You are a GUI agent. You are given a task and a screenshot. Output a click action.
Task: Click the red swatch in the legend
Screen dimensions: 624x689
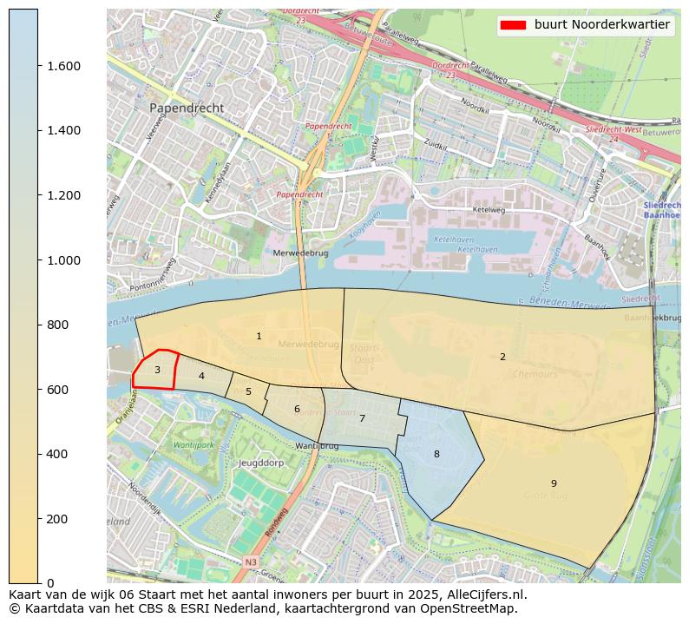[513, 25]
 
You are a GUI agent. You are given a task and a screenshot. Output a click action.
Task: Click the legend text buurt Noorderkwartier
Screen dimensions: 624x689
[601, 25]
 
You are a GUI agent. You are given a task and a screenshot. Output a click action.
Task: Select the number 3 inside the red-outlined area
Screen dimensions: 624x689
[157, 370]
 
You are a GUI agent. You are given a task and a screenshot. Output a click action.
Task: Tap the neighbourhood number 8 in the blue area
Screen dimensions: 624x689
[436, 454]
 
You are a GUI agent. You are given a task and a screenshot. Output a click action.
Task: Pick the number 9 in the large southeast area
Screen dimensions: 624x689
[553, 483]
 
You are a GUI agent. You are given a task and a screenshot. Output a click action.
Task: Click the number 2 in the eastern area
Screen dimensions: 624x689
[502, 357]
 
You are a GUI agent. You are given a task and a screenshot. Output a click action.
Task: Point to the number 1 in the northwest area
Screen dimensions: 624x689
[259, 336]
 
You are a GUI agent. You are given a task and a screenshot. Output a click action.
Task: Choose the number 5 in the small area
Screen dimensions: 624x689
[248, 392]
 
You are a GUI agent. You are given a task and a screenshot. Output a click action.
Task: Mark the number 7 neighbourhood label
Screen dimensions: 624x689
[362, 418]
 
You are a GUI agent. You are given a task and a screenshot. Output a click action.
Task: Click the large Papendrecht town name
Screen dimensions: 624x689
[187, 108]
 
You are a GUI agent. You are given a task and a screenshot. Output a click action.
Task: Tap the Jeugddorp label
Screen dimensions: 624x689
[262, 463]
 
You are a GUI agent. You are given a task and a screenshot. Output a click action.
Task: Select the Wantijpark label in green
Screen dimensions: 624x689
[194, 444]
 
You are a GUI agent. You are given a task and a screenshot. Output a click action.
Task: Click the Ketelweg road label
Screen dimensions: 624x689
[488, 210]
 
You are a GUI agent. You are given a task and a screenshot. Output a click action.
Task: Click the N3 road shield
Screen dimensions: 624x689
[251, 562]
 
